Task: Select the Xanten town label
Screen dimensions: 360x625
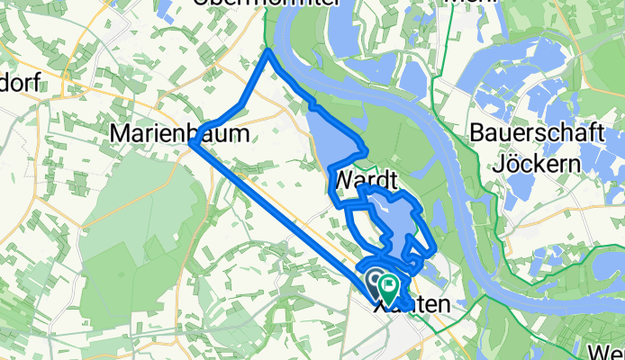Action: pyautogui.click(x=410, y=306)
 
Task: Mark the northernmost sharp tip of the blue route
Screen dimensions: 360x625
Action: pyautogui.click(x=269, y=53)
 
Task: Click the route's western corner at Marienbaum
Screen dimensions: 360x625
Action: pyautogui.click(x=192, y=142)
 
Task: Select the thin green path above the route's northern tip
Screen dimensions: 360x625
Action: pyautogui.click(x=267, y=36)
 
